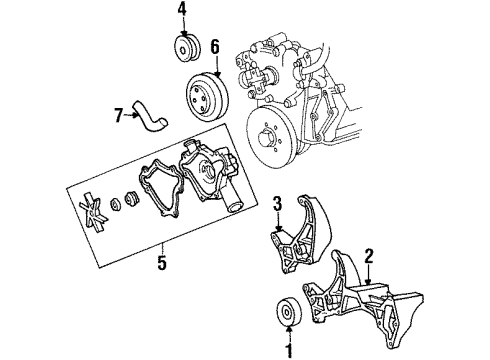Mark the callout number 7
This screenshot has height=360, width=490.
121,115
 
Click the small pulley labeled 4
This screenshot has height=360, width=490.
184,50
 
